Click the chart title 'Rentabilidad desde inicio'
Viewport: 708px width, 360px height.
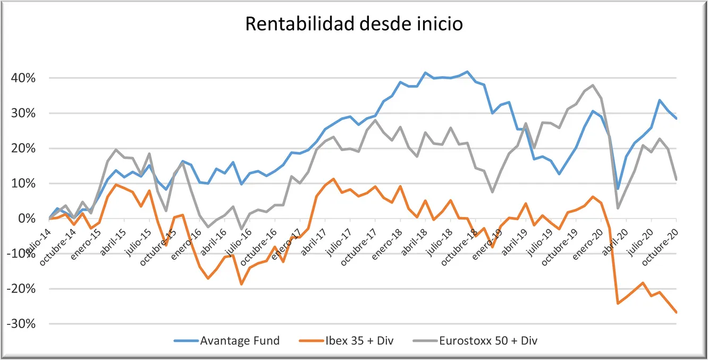pyautogui.click(x=354, y=24)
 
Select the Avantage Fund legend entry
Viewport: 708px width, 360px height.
pyautogui.click(x=226, y=341)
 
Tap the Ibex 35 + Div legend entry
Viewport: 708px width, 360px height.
pyautogui.click(x=346, y=341)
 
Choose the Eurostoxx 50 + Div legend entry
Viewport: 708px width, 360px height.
pyautogui.click(x=475, y=341)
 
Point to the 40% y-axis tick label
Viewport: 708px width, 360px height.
pyautogui.click(x=23, y=78)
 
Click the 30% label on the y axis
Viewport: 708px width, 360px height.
pyautogui.click(x=23, y=113)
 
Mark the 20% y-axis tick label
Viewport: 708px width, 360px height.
pyautogui.click(x=23, y=148)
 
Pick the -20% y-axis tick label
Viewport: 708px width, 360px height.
pyautogui.click(x=21, y=289)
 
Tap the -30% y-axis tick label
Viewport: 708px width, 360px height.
pyautogui.click(x=21, y=324)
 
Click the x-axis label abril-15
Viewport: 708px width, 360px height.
pyautogui.click(x=113, y=242)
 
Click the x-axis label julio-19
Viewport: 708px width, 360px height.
pyautogui.click(x=540, y=242)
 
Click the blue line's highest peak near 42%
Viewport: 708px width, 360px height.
pyautogui.click(x=467, y=72)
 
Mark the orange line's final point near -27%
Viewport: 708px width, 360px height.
pyautogui.click(x=676, y=312)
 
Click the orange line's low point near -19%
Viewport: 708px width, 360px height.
pyautogui.click(x=241, y=284)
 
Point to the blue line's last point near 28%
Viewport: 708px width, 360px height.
pyautogui.click(x=676, y=118)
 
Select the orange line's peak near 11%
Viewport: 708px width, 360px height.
pyautogui.click(x=333, y=179)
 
